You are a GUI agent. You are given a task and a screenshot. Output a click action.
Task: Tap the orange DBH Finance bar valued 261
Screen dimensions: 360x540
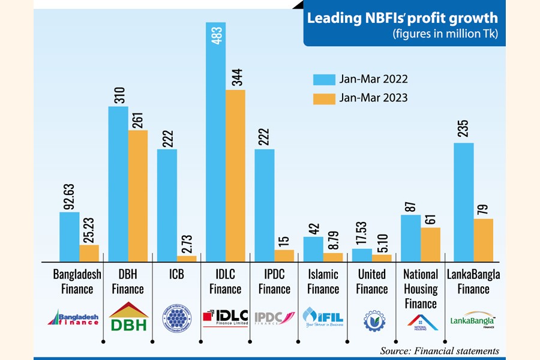[x=138, y=196]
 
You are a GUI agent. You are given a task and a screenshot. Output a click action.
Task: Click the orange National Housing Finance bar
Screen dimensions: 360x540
[x=430, y=244]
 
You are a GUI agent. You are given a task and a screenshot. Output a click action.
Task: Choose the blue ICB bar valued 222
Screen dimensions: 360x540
[x=167, y=205]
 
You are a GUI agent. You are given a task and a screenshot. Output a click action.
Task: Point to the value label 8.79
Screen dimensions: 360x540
[x=334, y=236]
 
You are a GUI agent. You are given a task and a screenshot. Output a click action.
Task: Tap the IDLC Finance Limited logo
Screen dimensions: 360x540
[x=225, y=316]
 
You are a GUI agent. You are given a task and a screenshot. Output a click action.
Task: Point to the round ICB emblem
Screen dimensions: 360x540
[x=176, y=317]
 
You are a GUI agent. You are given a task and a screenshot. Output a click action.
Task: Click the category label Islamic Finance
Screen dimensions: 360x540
[x=323, y=281]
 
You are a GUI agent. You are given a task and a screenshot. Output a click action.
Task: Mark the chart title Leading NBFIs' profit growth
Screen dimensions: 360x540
[x=403, y=19]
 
